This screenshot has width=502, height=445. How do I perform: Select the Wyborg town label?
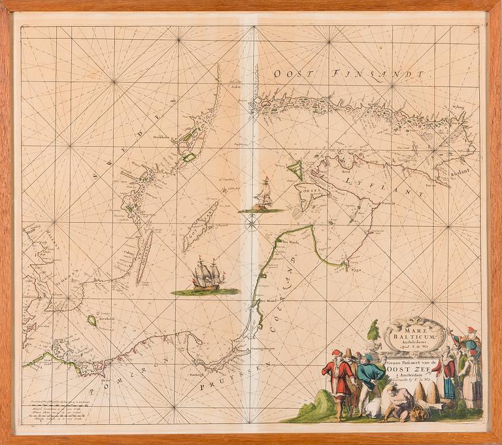pyautogui.click(x=461, y=110)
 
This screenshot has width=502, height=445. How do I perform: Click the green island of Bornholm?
pyautogui.click(x=92, y=320)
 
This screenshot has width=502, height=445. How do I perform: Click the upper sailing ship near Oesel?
pyautogui.click(x=263, y=195)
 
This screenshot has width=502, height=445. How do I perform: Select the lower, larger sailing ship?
pyautogui.click(x=206, y=274)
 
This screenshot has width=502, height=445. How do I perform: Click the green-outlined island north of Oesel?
pyautogui.click(x=296, y=170)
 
